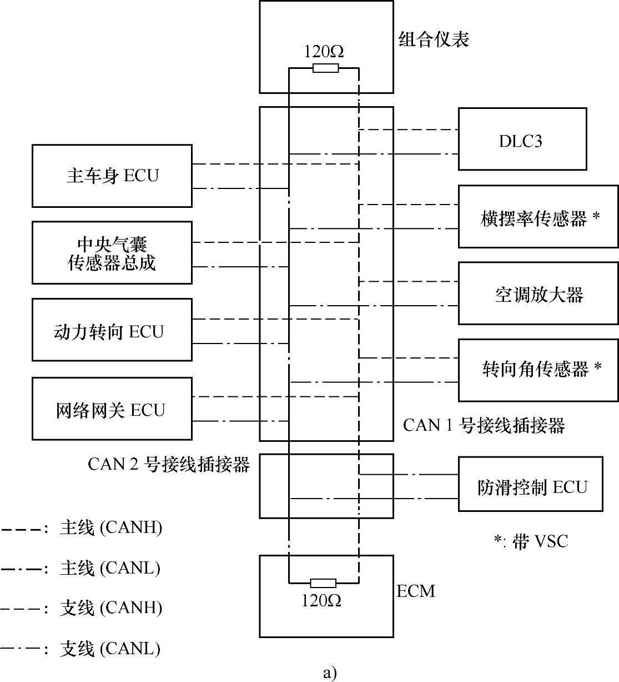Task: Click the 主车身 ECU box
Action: point(112,176)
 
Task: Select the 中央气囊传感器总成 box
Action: point(112,253)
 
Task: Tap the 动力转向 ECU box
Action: point(112,330)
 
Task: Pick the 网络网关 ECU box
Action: point(112,409)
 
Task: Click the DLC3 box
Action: point(522,140)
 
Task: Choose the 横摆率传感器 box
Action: point(537,217)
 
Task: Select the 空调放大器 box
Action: point(537,294)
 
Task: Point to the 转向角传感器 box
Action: point(537,370)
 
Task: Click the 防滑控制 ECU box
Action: point(530,485)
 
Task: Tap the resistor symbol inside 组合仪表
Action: point(325,68)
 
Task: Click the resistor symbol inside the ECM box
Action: point(323,583)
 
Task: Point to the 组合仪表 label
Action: point(434,39)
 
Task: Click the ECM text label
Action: point(416,591)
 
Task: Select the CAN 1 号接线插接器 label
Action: point(484,426)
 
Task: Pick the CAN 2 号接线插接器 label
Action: point(169,464)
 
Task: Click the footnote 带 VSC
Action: point(532,541)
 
